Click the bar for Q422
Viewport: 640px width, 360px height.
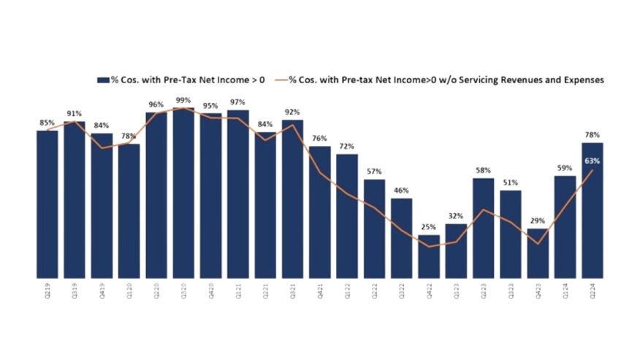pos(429,256)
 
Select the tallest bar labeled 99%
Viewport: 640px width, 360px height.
pos(183,194)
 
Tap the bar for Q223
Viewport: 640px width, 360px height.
pos(484,228)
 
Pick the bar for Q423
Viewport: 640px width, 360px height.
pos(538,253)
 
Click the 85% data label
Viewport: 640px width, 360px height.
pos(47,123)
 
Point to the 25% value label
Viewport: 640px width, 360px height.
pos(429,227)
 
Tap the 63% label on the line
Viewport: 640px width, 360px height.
pos(593,161)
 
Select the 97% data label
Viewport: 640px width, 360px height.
pos(237,102)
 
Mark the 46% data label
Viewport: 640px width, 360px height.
pos(402,191)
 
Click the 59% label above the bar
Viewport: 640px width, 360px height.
pos(565,168)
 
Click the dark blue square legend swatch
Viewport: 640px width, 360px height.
pos(102,80)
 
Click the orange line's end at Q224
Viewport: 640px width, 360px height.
pos(593,171)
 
